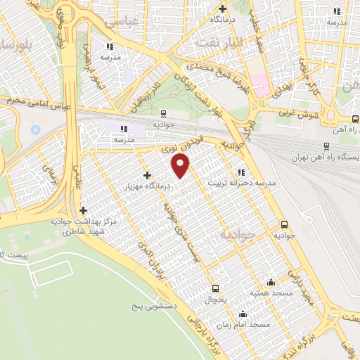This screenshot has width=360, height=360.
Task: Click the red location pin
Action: click(181, 167)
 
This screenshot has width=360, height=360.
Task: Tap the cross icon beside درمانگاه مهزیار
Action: click(146, 175)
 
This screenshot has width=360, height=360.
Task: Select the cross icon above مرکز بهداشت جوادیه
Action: click(83, 210)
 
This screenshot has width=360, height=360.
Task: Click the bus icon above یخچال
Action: click(215, 288)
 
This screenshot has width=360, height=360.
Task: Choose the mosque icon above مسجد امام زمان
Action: click(243, 314)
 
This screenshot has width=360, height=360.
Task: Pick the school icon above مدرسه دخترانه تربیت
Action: click(241, 172)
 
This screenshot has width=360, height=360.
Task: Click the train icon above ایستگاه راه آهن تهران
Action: click(326, 146)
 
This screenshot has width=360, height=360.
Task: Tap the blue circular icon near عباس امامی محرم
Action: click(36, 130)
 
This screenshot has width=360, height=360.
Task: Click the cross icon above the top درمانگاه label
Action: click(223, 8)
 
